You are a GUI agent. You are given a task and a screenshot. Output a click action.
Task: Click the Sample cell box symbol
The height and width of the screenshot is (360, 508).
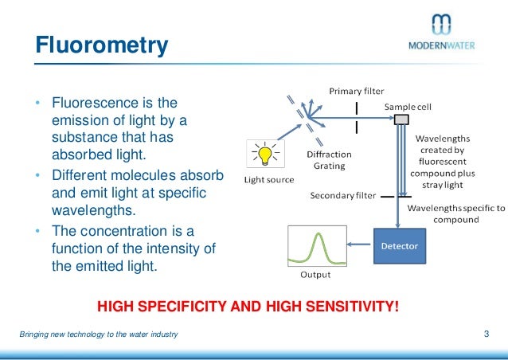402,119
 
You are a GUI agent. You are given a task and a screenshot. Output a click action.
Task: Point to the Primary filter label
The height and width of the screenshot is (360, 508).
357,90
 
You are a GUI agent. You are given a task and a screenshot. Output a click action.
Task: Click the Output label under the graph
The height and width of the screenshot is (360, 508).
315,276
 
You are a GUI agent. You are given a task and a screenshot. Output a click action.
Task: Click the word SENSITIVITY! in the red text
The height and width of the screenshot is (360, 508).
351,305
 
